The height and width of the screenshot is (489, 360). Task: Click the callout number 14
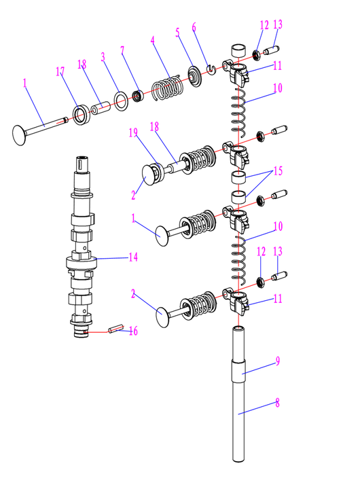point(133,257)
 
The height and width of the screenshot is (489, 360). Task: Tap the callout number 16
point(133,331)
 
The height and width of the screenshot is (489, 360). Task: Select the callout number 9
point(278,361)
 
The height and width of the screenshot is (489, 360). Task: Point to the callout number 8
point(277,403)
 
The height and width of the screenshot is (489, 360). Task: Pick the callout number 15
point(278,170)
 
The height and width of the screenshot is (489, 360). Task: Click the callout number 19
point(133,132)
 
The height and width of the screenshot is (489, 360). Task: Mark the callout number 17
point(60,71)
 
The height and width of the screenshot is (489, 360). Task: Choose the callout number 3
point(103,57)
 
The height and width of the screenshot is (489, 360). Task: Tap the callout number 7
point(122,50)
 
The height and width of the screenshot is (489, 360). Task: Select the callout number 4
point(153,40)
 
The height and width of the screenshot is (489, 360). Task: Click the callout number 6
point(194,27)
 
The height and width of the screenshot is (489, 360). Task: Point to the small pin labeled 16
point(116,329)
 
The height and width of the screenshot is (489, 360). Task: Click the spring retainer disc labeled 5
point(195,76)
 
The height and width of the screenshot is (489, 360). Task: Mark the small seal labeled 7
point(138,96)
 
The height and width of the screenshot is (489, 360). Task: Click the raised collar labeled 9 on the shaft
point(238,371)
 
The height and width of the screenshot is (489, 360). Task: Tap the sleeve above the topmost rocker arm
point(238,51)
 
